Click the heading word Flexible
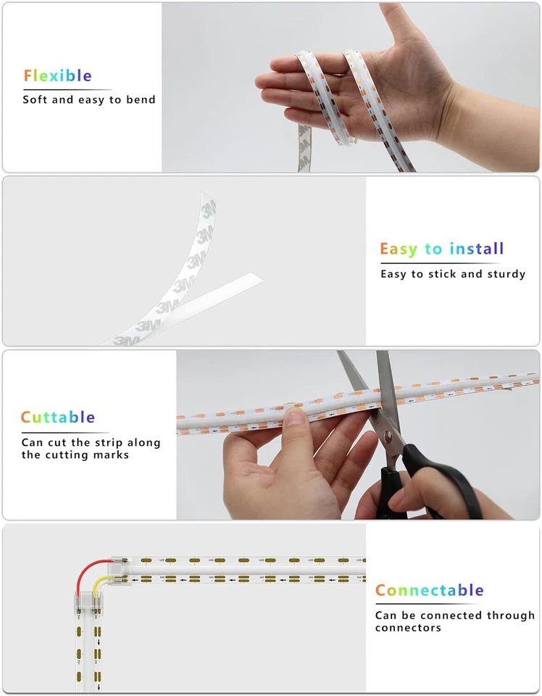point(57,75)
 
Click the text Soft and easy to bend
point(88,99)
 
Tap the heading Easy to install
point(441,249)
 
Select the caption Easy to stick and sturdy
point(453,274)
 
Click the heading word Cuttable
point(57,417)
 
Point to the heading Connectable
point(429,590)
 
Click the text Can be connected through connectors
point(454,621)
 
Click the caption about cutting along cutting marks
point(91,449)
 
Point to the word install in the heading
point(476,249)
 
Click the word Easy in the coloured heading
point(399,249)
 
